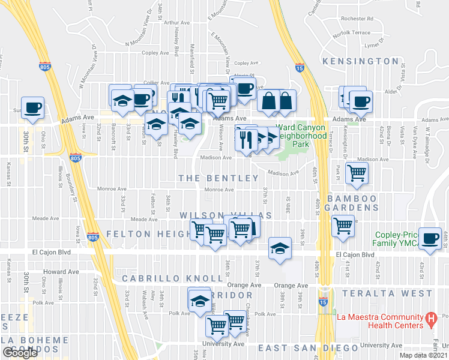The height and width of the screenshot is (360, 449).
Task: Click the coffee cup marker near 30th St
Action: (x=33, y=107)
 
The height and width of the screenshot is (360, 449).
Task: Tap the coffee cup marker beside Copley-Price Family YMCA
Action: (x=430, y=238)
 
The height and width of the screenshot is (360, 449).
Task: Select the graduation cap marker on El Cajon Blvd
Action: (x=279, y=248)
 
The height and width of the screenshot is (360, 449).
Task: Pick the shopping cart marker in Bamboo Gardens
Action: (x=343, y=226)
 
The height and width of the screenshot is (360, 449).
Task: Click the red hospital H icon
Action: (x=430, y=320)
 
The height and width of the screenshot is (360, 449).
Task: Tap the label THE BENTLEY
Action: (x=218, y=178)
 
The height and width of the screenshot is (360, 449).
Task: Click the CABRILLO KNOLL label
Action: (x=158, y=279)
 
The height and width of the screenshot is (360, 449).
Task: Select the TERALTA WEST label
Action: (x=387, y=293)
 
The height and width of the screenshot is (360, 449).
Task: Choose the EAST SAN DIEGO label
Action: (x=307, y=348)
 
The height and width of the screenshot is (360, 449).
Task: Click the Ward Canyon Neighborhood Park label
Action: (x=300, y=136)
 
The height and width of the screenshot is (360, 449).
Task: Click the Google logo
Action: (x=20, y=353)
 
